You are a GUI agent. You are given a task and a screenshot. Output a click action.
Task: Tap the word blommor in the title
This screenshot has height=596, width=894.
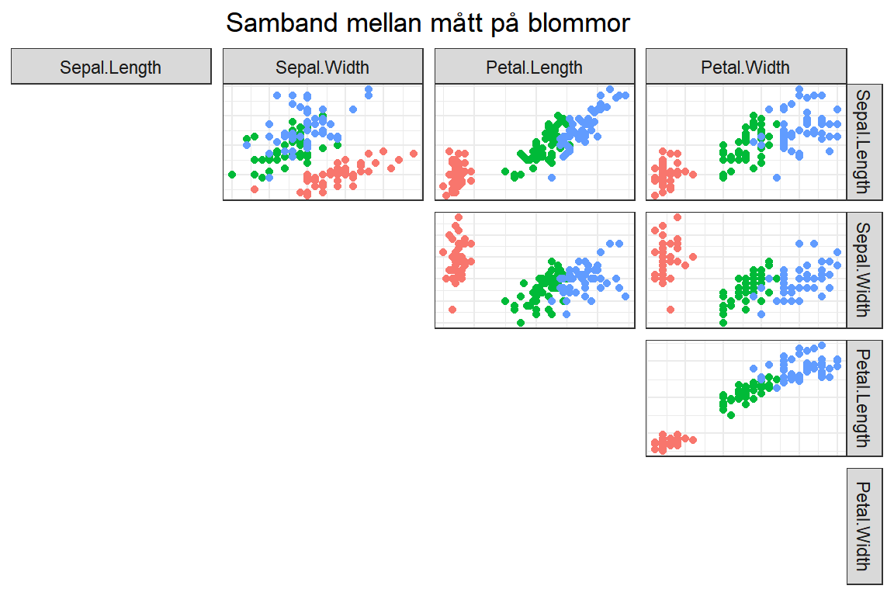coord(579,23)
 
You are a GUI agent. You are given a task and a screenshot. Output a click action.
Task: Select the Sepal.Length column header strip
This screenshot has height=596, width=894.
coord(111,67)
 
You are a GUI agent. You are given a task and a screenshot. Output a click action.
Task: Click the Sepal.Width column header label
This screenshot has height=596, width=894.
coord(323,68)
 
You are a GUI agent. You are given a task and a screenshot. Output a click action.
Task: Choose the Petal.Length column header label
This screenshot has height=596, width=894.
coord(534,68)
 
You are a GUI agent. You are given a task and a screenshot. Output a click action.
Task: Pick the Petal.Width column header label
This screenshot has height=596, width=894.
coord(745,68)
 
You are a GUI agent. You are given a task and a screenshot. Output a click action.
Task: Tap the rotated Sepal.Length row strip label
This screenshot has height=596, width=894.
coord(864,142)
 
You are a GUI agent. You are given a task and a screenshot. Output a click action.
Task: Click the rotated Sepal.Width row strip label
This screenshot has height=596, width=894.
coord(864,270)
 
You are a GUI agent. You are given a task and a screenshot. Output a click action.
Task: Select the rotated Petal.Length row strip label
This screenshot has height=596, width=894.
coord(864,398)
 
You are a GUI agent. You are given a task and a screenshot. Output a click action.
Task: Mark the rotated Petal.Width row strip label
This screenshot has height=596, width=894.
coord(864,526)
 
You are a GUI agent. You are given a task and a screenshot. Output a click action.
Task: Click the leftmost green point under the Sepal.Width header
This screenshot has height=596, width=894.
coord(232,175)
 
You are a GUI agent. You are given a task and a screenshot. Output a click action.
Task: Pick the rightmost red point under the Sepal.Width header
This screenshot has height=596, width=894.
coord(414,154)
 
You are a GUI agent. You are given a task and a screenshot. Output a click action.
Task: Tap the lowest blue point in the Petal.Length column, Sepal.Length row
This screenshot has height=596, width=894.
coord(551,178)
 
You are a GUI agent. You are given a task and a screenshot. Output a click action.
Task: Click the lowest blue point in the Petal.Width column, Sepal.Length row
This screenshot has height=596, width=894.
coord(777,178)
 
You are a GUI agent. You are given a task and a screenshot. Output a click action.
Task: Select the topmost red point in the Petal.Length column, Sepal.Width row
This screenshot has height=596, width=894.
coord(459,217)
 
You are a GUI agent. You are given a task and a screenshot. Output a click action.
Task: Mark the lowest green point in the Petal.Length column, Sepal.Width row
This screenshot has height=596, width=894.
coord(521,323)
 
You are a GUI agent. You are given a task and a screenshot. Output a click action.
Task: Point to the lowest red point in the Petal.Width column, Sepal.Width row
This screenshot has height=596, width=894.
coord(670,310)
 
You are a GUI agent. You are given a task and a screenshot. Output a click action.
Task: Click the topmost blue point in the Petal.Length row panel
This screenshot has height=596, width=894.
coord(822,345)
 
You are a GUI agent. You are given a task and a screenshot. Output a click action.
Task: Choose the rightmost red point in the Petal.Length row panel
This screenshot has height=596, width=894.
coord(693,440)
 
